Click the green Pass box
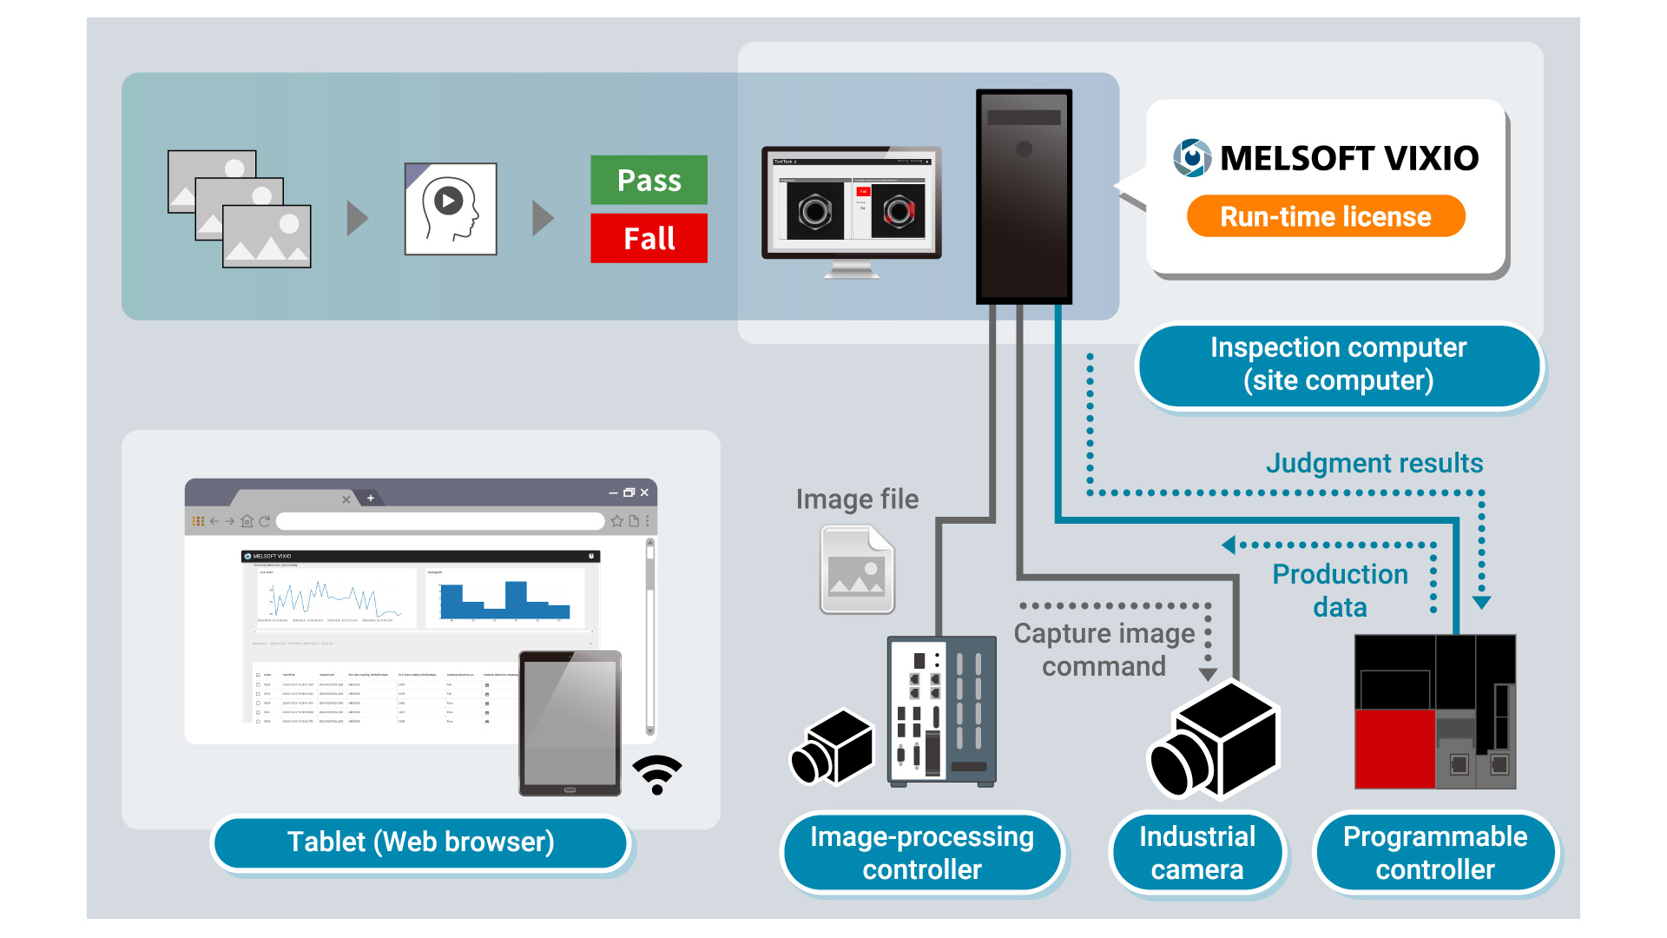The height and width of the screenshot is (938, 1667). point(649,180)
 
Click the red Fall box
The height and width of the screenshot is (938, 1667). point(649,238)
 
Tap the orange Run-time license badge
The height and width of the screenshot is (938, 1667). point(1325,216)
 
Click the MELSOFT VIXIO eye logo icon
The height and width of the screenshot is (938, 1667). point(1192,158)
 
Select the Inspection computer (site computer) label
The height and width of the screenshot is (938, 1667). point(1338,364)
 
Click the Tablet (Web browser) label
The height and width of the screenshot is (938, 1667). point(420,842)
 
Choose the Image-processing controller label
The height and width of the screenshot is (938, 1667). point(921,852)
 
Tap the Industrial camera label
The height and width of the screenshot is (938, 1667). point(1196,852)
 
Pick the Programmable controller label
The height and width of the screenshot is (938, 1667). point(1434,852)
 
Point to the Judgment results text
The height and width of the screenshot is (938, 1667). point(1374,463)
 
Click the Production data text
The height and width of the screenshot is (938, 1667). point(1340,590)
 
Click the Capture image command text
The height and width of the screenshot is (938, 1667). point(1104,650)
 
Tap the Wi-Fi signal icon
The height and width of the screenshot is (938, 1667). point(657,773)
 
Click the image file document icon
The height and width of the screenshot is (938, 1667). point(857,570)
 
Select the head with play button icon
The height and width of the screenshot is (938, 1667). point(451,209)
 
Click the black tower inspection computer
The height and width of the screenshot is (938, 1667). point(1024,196)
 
